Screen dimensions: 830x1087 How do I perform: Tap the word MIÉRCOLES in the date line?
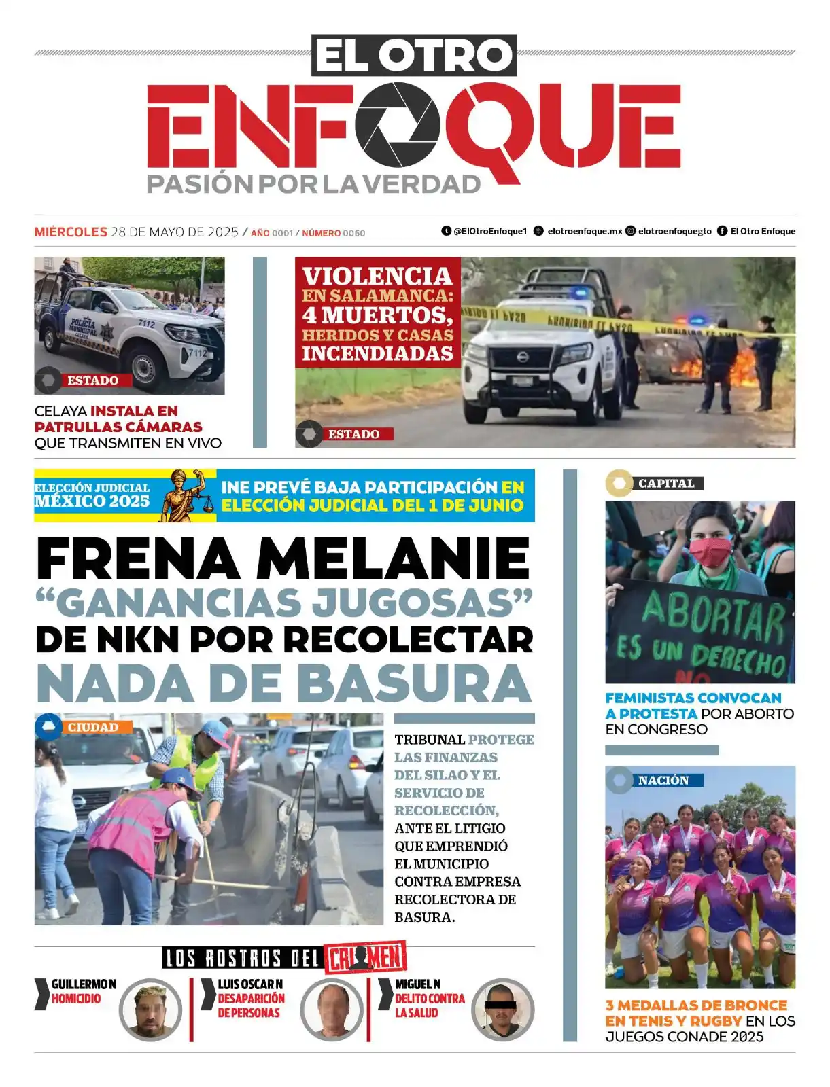[x=71, y=232]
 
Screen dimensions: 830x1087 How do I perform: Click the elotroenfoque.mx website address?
[x=585, y=231]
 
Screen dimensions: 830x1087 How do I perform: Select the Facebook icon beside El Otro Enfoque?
[x=722, y=231]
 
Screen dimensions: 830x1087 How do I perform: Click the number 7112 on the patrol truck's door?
[x=146, y=323]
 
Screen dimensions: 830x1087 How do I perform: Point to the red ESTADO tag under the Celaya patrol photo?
[x=92, y=380]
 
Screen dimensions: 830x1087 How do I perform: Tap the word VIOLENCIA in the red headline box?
[x=377, y=277]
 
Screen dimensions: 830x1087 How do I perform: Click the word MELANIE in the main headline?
[x=393, y=559]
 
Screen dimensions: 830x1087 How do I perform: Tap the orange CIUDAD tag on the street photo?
[x=92, y=728]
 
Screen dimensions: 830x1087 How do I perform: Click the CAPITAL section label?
[x=665, y=484]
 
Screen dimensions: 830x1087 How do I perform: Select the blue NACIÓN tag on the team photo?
[x=663, y=781]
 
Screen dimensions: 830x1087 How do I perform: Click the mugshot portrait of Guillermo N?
[x=150, y=1010]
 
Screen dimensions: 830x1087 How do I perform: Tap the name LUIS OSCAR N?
[x=250, y=984]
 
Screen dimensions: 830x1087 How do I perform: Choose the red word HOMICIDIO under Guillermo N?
[x=76, y=999]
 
